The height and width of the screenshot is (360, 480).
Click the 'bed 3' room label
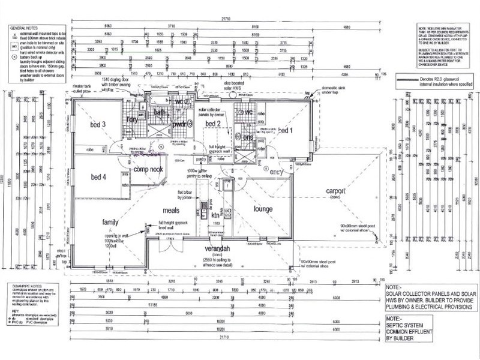[x=98, y=125]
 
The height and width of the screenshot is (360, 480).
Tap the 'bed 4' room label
[x=98, y=177]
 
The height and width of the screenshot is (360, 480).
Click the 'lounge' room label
[x=263, y=209]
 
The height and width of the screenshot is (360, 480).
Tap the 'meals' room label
[x=173, y=211]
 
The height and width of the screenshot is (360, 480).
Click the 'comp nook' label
[x=148, y=170]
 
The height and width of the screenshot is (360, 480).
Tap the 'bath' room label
[x=160, y=112]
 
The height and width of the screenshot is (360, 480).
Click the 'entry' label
[x=277, y=172]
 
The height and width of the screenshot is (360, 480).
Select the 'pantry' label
[x=201, y=160]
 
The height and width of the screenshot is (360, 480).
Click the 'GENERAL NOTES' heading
[x=25, y=28]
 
